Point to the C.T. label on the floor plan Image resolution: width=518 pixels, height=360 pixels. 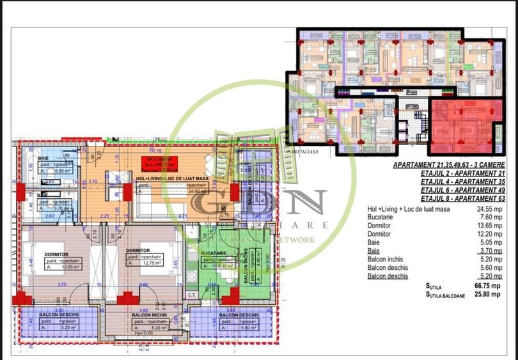point(191,294)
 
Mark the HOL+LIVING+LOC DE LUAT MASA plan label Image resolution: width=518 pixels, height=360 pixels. point(173,178)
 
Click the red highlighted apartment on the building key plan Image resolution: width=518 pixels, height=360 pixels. point(462,125)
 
